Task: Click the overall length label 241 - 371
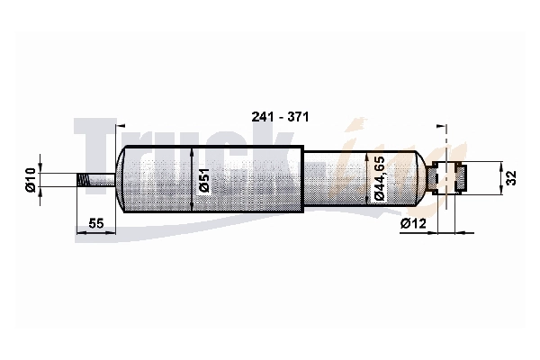(x=280, y=117)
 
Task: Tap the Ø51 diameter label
(x=204, y=180)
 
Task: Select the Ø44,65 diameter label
(x=379, y=178)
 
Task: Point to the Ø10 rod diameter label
(x=31, y=179)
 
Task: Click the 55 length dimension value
(x=96, y=223)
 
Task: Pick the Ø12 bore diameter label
(x=413, y=224)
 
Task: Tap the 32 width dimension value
(x=511, y=178)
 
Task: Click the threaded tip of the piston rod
(x=82, y=180)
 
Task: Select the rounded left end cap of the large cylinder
(x=121, y=179)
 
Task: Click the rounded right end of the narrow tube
(x=421, y=178)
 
